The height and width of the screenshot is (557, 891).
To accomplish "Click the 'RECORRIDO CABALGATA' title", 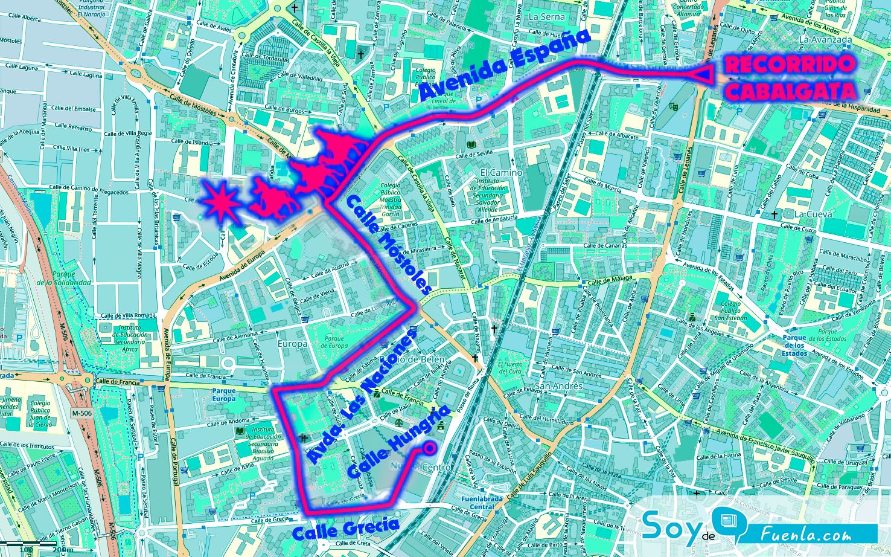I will coord(791,78).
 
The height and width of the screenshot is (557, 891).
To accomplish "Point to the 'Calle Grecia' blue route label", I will coord(346,529).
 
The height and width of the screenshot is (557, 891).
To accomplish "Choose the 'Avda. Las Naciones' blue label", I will coord(362,398).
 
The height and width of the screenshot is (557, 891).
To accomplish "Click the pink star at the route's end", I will coord(221,202).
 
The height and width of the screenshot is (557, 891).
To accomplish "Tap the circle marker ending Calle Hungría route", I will coord(430,448).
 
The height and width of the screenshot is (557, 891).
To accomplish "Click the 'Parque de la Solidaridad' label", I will coord(63,278).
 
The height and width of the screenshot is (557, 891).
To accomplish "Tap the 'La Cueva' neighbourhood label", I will coord(813,214).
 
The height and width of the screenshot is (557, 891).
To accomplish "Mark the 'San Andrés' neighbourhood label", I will coord(551,386).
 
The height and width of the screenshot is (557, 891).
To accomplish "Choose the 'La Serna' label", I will coord(546,17).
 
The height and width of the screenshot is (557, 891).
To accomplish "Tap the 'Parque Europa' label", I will coord(224,394).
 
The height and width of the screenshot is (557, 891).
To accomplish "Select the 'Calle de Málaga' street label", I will coord(610,279).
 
